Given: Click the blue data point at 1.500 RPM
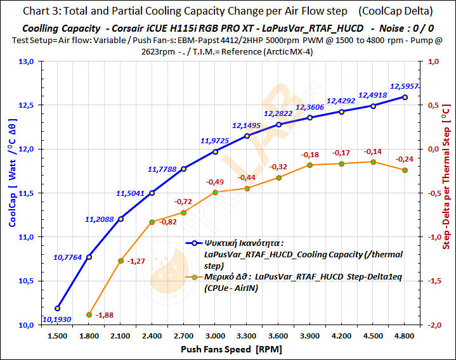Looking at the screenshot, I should click(x=58, y=308).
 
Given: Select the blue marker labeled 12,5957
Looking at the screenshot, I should click(x=405, y=97).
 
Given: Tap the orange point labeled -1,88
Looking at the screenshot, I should click(x=89, y=314).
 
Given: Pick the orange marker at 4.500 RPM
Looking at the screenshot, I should click(x=373, y=162).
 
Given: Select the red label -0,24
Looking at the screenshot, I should click(x=404, y=159).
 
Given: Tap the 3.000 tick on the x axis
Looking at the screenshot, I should click(x=216, y=336).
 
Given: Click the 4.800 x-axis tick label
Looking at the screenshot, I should click(x=405, y=336).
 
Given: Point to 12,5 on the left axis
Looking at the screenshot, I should click(x=27, y=105).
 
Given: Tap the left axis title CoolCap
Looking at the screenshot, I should click(x=12, y=190).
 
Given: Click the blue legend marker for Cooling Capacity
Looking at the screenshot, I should click(x=196, y=243).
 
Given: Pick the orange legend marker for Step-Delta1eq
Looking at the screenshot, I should click(x=196, y=277).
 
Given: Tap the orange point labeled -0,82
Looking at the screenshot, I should click(x=152, y=222).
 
